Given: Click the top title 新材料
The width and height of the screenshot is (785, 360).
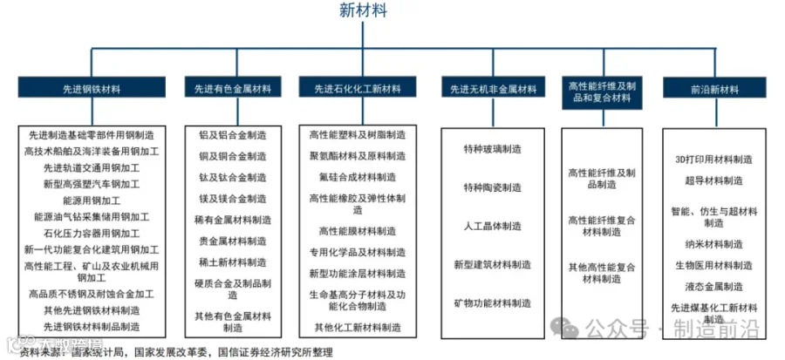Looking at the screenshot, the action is coord(364,10).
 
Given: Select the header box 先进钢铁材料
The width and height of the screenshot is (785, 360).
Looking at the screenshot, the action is coord(92,89).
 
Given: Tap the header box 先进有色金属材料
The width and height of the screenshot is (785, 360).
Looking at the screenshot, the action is coord(233,89).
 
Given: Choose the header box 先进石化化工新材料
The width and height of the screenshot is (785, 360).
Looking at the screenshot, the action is coord(357,89).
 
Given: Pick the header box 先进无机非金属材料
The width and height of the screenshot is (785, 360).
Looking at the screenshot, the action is coord(492,89).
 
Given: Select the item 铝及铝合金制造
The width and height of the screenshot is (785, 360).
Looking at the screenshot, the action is coord(232,136).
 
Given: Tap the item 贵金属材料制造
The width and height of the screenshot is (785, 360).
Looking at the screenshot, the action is coord(232,241).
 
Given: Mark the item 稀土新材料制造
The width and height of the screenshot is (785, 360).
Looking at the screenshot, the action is coord(232,262).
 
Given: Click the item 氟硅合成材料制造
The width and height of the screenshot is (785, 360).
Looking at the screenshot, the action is coord(357,177).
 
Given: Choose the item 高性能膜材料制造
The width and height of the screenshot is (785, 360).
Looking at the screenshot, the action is coord(357,231).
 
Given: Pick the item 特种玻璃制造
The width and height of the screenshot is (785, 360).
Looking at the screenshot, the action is coord(492,149).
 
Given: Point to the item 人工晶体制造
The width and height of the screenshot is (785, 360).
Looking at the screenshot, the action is coord(492,226).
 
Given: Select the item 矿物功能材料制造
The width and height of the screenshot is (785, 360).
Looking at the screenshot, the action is coord(492,302).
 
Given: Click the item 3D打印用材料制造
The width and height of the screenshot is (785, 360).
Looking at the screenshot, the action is coord(713,160).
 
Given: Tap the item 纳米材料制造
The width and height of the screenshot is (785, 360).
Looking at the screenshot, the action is coord(713,244).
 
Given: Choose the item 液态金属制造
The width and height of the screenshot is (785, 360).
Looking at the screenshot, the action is coord(713,286).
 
